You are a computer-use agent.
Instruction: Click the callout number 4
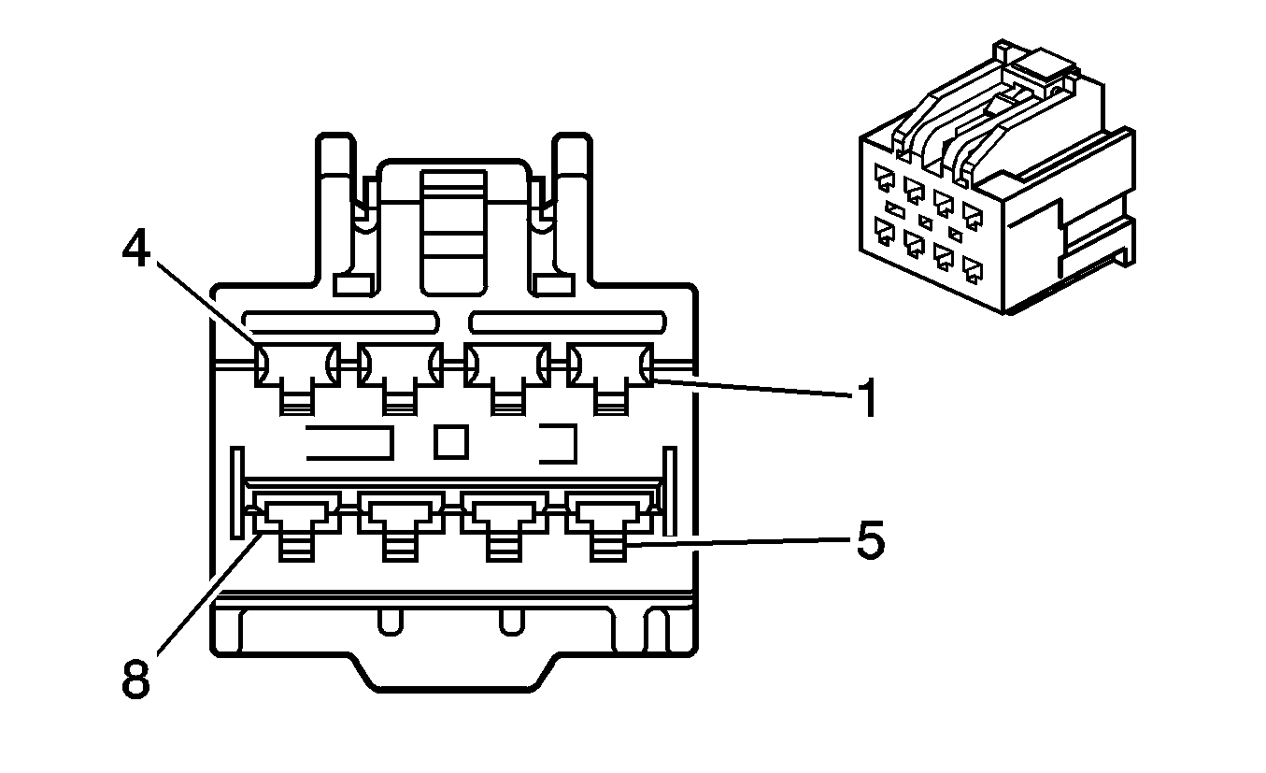pos(137,250)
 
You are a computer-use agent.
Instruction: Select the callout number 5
pos(870,542)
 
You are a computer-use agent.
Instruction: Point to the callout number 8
pos(135,680)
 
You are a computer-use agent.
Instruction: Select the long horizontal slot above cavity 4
pos(340,322)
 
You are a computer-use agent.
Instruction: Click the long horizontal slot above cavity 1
pos(567,322)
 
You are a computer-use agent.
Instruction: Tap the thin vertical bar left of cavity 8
pos(237,492)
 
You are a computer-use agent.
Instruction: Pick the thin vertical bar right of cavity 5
pos(669,492)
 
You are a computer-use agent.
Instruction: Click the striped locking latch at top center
pos(452,229)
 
